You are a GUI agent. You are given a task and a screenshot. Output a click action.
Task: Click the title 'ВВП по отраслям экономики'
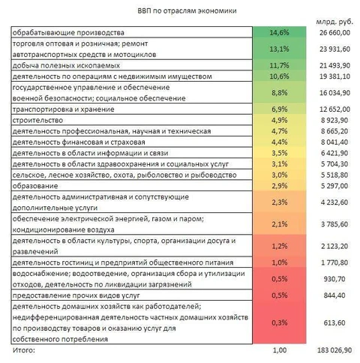[x=181, y=10]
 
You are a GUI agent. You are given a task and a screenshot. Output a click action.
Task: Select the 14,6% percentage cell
[x=279, y=33]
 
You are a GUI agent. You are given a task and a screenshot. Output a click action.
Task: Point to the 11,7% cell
[x=279, y=65]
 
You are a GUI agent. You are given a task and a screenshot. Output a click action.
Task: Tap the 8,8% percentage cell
[x=279, y=93]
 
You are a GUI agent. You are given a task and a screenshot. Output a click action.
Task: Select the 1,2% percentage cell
[x=279, y=245]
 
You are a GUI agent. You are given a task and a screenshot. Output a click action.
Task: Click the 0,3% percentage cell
[x=279, y=322]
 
